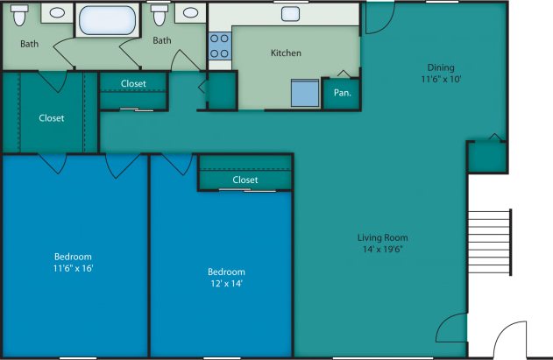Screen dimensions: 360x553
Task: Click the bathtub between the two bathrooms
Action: (x=106, y=18)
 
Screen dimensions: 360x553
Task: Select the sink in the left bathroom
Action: (x=56, y=13)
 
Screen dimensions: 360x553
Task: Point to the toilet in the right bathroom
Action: (x=159, y=15)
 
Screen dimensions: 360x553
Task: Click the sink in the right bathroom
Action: (x=189, y=13)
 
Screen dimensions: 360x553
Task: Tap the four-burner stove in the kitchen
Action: (x=219, y=46)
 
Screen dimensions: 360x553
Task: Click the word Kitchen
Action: (x=286, y=53)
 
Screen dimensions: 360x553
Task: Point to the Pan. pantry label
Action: (x=341, y=92)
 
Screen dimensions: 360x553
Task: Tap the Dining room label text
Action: (x=441, y=67)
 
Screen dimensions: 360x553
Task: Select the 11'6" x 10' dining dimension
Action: (x=441, y=79)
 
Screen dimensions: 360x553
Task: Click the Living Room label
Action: (x=382, y=237)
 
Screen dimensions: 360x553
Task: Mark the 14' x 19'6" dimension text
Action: (x=382, y=249)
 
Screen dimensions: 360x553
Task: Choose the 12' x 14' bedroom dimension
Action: (x=225, y=283)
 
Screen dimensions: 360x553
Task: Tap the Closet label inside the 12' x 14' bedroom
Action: (x=245, y=180)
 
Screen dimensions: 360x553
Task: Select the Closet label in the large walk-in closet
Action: (x=51, y=118)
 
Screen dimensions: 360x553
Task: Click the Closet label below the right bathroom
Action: (x=133, y=84)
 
